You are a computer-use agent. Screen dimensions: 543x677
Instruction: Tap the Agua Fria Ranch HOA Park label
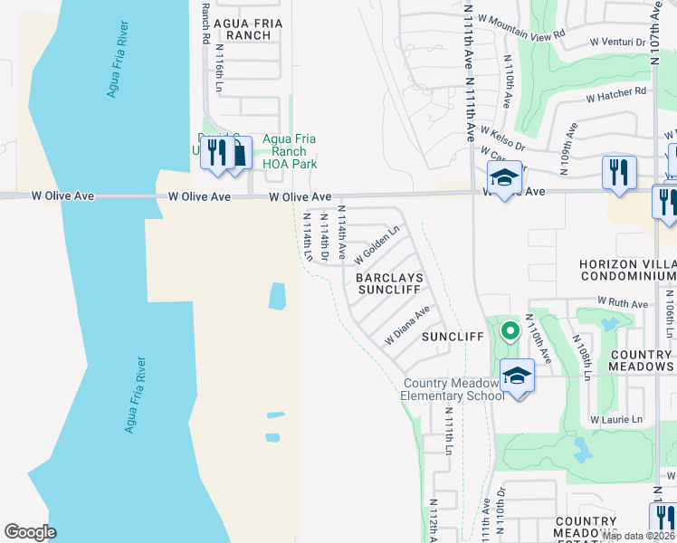pos(289,152)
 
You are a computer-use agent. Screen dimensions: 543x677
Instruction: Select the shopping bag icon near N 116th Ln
pos(238,153)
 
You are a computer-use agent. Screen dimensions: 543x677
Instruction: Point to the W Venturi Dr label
pos(616,42)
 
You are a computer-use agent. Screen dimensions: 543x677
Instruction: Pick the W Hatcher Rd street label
pos(616,92)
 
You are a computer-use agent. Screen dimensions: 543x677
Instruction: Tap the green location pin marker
pos(510,331)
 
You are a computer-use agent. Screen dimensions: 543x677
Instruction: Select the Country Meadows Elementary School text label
pos(453,389)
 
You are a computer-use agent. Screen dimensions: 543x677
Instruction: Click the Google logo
pos(30,532)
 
